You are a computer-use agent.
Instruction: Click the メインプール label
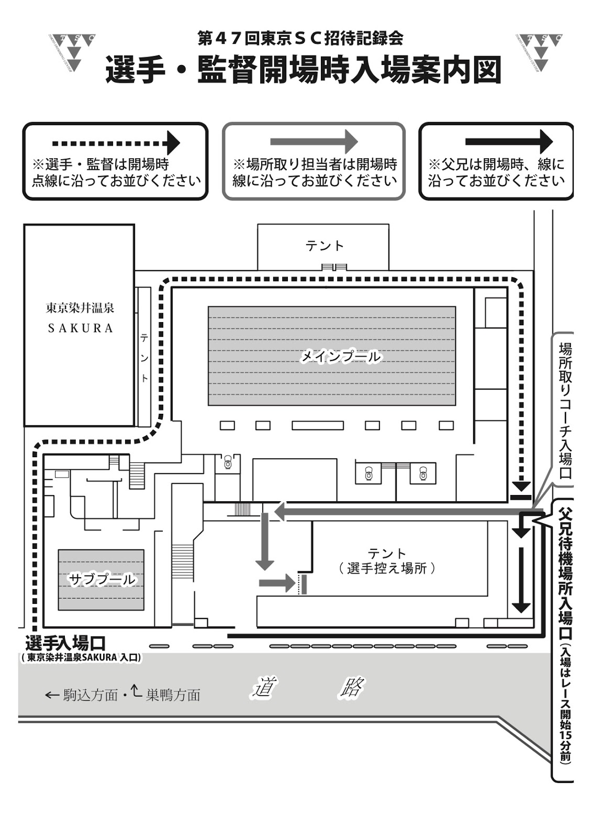[x=340, y=357]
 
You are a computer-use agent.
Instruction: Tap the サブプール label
[x=102, y=579]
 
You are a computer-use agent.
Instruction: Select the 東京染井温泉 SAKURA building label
[x=80, y=318]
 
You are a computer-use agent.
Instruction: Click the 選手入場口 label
[x=66, y=642]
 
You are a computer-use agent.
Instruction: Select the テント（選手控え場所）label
[x=387, y=561]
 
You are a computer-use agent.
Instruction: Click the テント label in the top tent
[x=325, y=245]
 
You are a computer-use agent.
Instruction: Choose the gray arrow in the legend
[x=314, y=141]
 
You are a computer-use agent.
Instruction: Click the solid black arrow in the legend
[x=508, y=141]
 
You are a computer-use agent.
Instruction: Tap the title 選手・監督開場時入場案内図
[x=304, y=70]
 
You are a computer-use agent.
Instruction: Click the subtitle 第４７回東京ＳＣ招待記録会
[x=300, y=38]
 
